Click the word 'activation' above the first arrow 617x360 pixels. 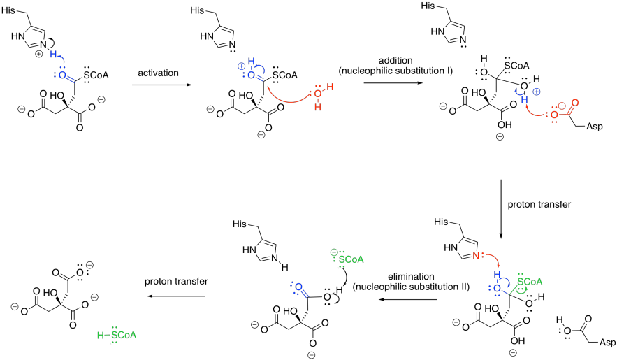158,73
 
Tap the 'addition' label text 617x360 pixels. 395,61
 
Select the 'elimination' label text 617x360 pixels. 411,277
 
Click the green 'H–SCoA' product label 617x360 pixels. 117,336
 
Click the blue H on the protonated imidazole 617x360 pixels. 53,54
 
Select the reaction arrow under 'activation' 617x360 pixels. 159,85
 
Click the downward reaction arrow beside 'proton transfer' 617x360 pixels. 501,209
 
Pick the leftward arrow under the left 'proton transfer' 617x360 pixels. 176,296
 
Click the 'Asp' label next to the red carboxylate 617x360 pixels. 594,127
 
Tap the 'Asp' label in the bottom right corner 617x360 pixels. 607,342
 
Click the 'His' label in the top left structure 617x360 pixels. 8,10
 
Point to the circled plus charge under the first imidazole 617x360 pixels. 38,55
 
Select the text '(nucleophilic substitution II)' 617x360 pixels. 411,287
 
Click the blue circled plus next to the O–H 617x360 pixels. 537,92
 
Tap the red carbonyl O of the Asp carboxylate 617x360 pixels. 575,103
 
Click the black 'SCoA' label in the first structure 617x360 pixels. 96,75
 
